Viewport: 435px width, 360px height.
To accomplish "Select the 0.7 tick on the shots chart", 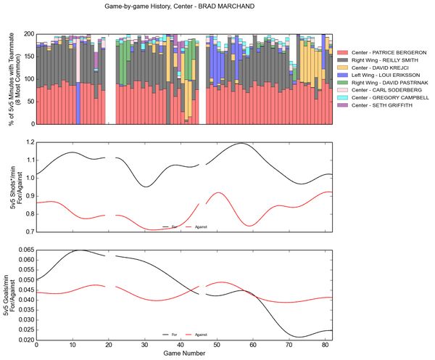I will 28,232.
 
